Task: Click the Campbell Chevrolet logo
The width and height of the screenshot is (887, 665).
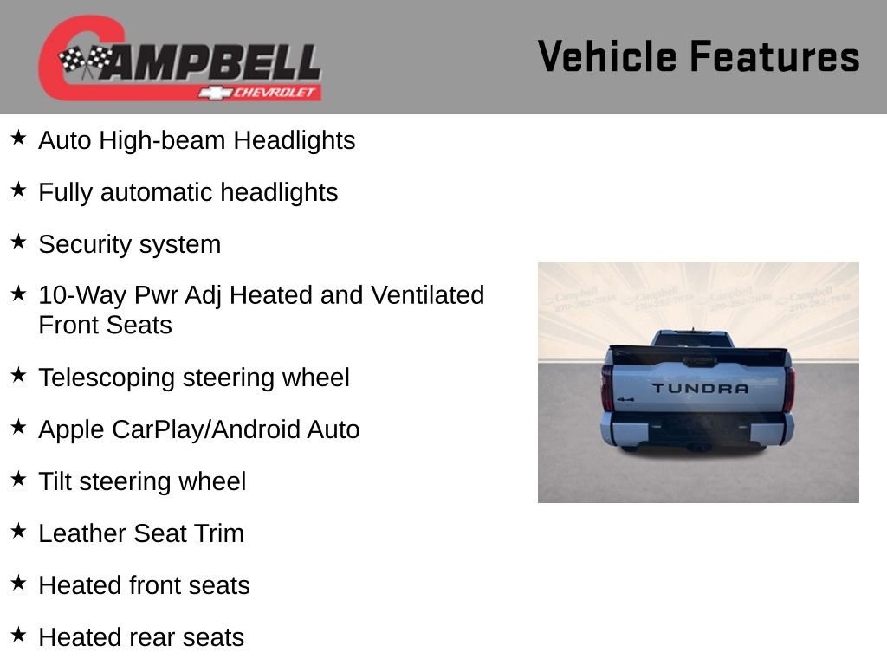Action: coord(179,58)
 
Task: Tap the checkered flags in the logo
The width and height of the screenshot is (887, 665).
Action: coord(85,61)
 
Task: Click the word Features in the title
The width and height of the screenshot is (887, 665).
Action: coord(774,57)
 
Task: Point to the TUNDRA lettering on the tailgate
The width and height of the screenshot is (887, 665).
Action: coord(699,388)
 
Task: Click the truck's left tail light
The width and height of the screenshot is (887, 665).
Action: coord(607,387)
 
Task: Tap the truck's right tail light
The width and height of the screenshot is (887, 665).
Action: coord(789,388)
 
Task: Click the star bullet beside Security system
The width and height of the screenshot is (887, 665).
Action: coord(19,242)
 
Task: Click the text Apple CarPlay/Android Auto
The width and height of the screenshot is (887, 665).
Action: coord(198,429)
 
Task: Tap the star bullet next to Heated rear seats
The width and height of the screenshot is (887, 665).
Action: coord(19,636)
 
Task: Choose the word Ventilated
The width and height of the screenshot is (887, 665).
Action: coord(427,295)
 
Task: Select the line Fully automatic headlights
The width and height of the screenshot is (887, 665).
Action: coord(188,192)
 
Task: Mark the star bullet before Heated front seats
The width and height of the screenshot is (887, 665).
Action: coord(19,584)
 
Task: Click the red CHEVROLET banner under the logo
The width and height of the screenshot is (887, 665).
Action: coord(269,92)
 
